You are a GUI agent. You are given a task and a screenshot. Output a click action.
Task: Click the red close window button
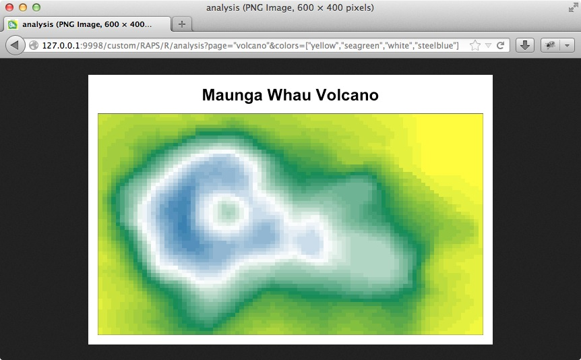point(9,7)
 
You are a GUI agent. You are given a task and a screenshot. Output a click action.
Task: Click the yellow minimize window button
point(23,7)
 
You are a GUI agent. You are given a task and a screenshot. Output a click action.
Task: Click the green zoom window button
point(36,7)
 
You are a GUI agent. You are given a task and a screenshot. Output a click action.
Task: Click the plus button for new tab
point(181,24)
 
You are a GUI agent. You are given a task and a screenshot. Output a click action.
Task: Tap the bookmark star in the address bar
point(475,45)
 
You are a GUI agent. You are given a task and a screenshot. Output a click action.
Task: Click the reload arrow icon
point(500,45)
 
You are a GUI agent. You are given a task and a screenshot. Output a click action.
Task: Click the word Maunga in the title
point(233,95)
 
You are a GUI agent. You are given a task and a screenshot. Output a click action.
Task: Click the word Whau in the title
point(289,94)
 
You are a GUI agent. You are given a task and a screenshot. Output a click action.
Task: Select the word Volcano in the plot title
point(347,94)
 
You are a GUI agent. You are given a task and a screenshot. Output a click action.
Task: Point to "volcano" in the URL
point(251,46)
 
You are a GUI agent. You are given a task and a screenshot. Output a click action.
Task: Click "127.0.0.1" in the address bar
point(61,46)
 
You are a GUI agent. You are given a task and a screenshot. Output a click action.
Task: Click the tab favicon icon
point(13,24)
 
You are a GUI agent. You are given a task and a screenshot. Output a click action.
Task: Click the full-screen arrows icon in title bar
point(573,7)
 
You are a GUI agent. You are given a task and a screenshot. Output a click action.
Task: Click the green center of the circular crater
point(226,211)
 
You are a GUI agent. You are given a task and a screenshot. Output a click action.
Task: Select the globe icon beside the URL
point(34,45)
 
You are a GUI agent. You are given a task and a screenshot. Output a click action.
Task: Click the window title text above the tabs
point(290,7)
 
